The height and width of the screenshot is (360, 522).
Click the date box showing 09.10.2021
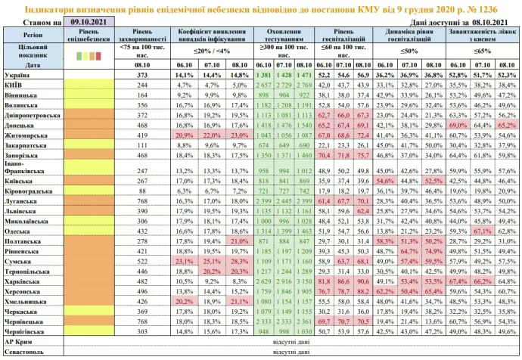[x=85, y=23]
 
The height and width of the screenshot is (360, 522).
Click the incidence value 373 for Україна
[x=141, y=76]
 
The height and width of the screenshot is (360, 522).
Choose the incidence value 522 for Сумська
[x=141, y=259]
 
